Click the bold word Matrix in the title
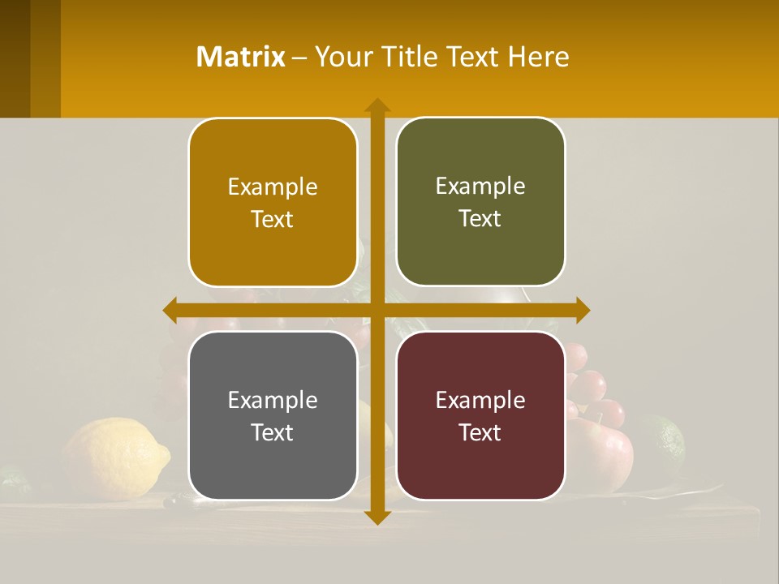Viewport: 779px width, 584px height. click(241, 57)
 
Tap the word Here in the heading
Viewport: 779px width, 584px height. click(539, 57)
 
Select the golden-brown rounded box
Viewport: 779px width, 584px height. click(273, 202)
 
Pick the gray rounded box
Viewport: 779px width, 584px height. click(273, 415)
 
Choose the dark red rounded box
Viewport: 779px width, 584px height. click(480, 415)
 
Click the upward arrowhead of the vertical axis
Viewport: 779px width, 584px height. click(377, 105)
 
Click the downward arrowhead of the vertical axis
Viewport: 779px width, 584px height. click(377, 517)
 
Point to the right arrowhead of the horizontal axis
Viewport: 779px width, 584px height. click(582, 310)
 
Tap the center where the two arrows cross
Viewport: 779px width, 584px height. click(377, 310)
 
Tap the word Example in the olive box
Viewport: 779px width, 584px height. click(480, 186)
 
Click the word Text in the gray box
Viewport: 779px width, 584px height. click(273, 432)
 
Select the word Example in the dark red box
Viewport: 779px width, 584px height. click(480, 400)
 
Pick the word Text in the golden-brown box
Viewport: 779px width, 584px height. click(273, 219)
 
